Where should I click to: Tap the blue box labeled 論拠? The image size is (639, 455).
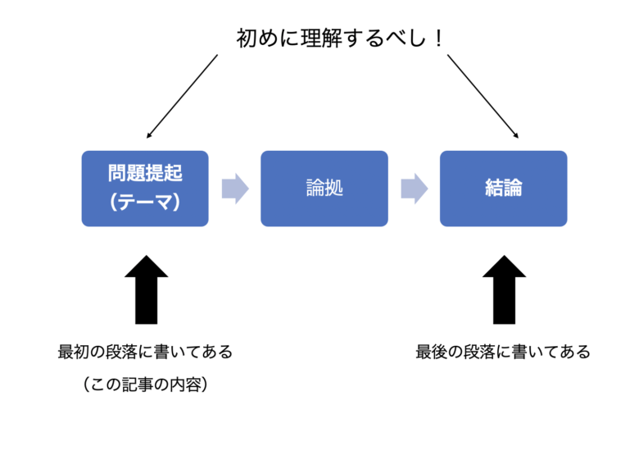pyautogui.click(x=324, y=189)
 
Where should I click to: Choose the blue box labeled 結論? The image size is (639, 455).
pyautogui.click(x=503, y=189)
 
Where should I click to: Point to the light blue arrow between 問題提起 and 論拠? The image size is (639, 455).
pyautogui.click(x=234, y=189)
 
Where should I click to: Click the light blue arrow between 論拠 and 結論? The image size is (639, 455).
pyautogui.click(x=414, y=189)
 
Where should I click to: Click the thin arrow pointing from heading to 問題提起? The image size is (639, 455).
pyautogui.click(x=182, y=96)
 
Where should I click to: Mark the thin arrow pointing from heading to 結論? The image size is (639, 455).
pyautogui.click(x=483, y=96)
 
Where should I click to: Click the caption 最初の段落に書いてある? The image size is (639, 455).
pyautogui.click(x=145, y=353)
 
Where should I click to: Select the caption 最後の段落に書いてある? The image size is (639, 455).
pyautogui.click(x=503, y=353)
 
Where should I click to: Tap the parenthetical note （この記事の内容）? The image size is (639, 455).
pyautogui.click(x=145, y=384)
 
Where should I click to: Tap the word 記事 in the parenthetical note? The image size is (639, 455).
pyautogui.click(x=138, y=384)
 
